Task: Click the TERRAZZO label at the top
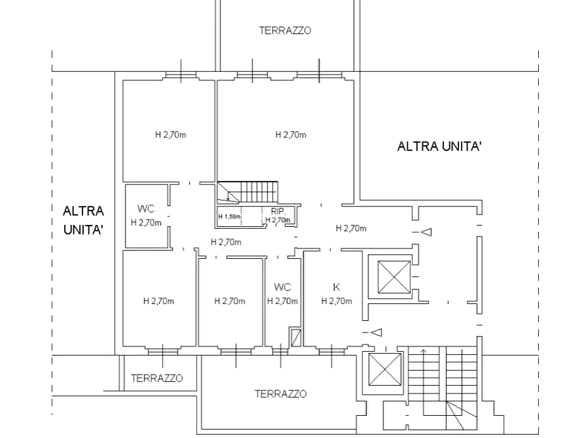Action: pos(286,31)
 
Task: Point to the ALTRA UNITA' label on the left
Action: pos(83,220)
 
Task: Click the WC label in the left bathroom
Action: pos(145,209)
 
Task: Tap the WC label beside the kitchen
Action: pos(283,288)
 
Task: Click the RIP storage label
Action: pos(278,211)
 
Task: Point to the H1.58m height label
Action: pos(230,216)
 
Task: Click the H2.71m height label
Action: pos(290,135)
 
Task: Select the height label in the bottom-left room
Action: pos(159,301)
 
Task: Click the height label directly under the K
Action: pos(337,301)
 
